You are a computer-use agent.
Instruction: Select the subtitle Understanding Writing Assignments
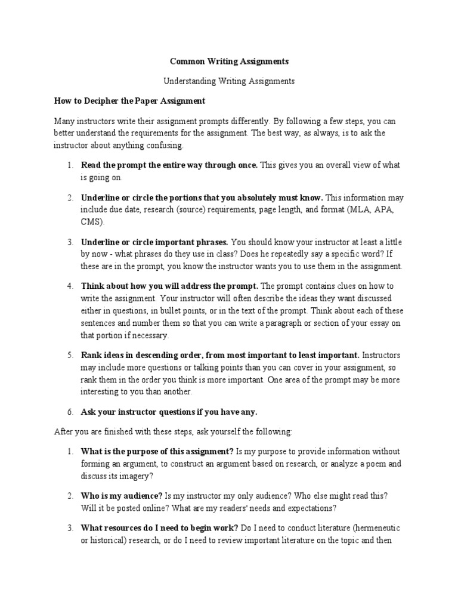point(229,80)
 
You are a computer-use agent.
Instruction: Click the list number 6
point(70,412)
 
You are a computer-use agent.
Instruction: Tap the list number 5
point(70,354)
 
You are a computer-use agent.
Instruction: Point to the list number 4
point(70,286)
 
